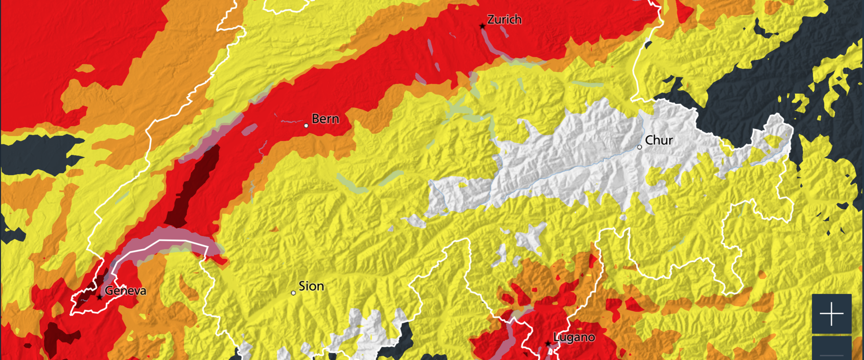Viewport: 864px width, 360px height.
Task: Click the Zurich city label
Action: pos(504,19)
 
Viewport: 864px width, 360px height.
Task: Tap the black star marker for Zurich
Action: pos(483,27)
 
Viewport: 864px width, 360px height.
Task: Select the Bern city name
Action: pos(325,119)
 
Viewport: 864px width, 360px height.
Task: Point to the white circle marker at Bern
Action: pos(306,126)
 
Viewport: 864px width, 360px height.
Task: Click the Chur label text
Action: pos(659,140)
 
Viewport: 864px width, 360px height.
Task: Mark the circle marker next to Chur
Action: pos(639,147)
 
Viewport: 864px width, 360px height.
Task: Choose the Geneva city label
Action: pos(125,291)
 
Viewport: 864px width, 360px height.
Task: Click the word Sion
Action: pos(311,286)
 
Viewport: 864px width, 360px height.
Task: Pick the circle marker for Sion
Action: pos(293,293)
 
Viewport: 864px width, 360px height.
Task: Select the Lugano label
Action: pos(574,337)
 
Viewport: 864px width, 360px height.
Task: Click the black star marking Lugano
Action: pos(548,344)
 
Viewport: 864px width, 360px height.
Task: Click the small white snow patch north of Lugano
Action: pos(531,236)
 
